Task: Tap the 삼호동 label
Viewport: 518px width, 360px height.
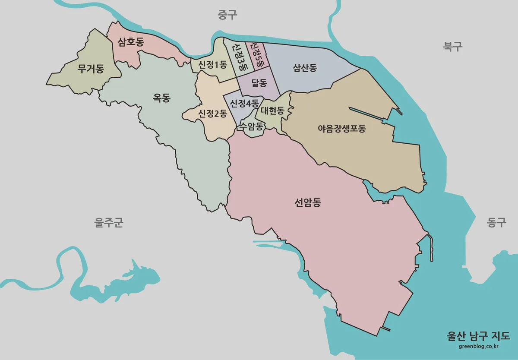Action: point(131,42)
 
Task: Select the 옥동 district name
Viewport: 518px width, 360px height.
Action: point(162,98)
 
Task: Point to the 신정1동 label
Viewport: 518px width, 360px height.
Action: point(212,65)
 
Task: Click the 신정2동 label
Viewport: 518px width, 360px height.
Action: point(212,114)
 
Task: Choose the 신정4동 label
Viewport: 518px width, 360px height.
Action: point(244,104)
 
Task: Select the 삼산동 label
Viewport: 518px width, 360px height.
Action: point(305,68)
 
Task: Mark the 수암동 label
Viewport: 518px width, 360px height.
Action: point(251,126)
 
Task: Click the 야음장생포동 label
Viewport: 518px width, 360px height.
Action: point(341,128)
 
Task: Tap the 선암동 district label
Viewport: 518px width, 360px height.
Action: point(308,203)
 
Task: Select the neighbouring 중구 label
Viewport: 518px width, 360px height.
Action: point(227,16)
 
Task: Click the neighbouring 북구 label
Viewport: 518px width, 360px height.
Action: point(453,47)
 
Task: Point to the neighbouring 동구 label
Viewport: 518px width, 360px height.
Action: point(496,223)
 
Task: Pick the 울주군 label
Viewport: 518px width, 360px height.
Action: point(109,223)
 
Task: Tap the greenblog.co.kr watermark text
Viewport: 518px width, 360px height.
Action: point(478,345)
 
